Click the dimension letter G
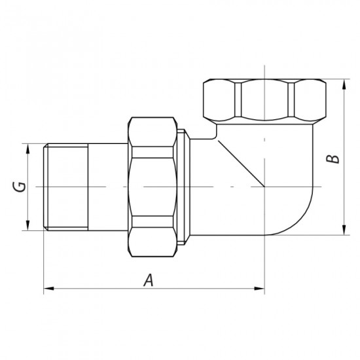(x=20, y=187)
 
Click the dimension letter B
(x=333, y=158)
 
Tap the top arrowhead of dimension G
(x=27, y=149)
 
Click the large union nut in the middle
(x=154, y=187)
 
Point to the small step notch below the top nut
(x=213, y=134)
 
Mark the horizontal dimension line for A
(x=196, y=287)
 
